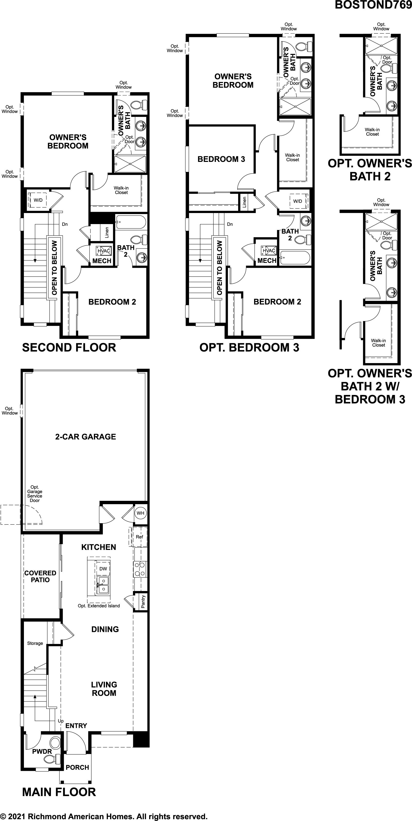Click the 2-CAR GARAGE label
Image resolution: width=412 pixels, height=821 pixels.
point(85,437)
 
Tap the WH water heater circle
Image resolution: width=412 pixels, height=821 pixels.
point(140,513)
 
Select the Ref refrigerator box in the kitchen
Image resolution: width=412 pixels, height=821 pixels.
point(139,537)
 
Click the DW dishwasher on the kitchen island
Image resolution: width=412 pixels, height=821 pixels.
point(103,569)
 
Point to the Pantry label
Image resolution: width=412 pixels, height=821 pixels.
point(143,601)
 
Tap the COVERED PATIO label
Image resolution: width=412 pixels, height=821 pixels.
point(40,576)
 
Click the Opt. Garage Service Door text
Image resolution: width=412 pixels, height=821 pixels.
point(35,494)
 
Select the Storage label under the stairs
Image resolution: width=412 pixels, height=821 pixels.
point(35,643)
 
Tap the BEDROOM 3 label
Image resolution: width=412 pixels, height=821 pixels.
point(221,159)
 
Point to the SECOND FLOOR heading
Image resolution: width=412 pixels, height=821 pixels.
point(69,347)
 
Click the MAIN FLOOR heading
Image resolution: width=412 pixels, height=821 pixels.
point(59,792)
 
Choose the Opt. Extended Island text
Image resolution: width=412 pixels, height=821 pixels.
point(99,606)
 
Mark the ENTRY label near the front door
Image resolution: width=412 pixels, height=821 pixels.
point(76,726)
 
